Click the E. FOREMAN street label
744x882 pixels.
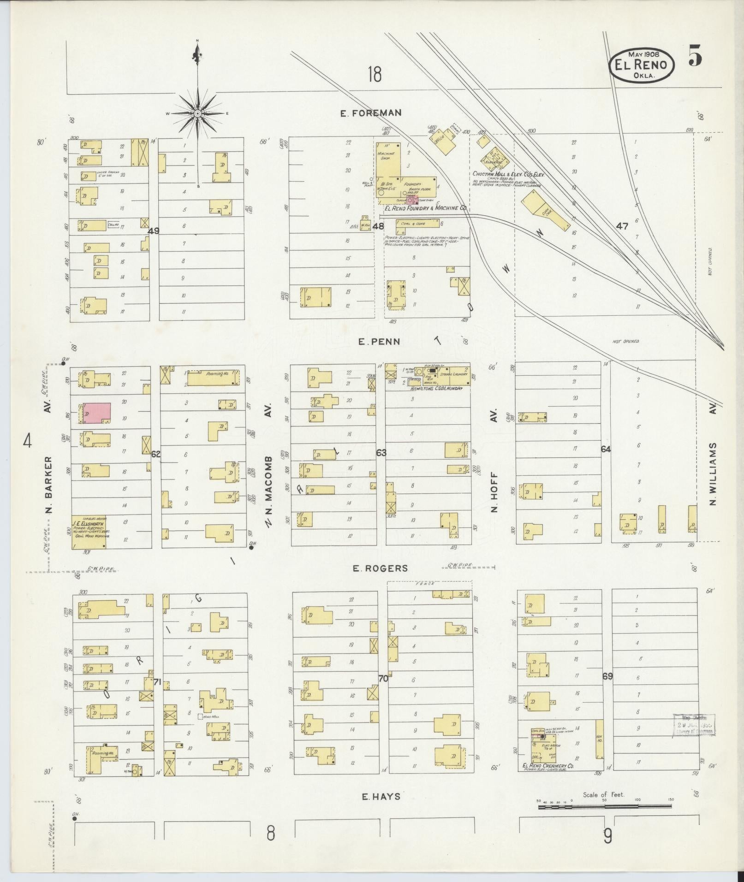(x=370, y=112)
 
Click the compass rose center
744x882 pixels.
(x=197, y=113)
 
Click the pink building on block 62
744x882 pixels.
(x=96, y=413)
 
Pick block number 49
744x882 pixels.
(x=153, y=231)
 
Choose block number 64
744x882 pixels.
(x=606, y=449)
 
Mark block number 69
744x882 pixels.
(x=607, y=677)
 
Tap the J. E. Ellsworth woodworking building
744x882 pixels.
(x=88, y=532)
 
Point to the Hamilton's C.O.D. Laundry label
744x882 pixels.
(x=436, y=389)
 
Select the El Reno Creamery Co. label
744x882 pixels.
(x=548, y=766)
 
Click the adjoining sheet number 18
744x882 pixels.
(x=375, y=74)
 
